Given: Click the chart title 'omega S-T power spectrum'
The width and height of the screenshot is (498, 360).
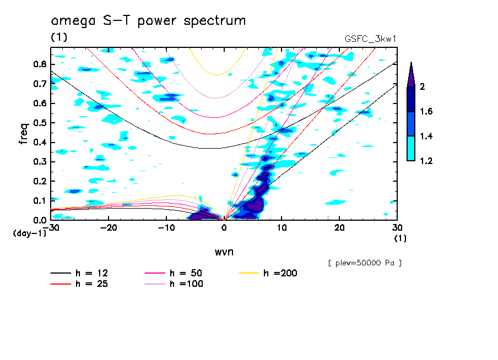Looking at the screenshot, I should [148, 21].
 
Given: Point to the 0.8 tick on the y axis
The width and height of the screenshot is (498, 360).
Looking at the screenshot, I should [39, 64].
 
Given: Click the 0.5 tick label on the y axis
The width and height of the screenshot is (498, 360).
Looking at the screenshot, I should [39, 123].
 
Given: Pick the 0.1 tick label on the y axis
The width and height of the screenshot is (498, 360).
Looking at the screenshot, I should [39, 200].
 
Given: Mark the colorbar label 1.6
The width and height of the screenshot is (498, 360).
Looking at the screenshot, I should [426, 112].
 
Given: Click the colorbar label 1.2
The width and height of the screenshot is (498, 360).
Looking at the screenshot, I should [426, 161].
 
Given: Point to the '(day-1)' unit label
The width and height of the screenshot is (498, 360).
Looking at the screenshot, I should [29, 233].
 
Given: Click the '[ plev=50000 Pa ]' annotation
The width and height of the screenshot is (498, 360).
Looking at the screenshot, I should [364, 263].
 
